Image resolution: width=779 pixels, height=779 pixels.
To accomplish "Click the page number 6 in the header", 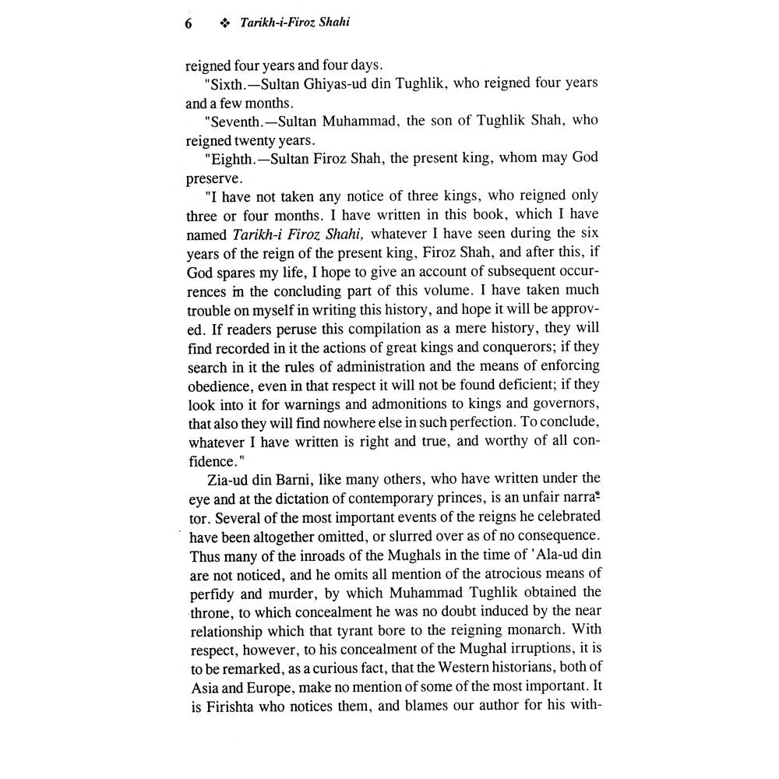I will (188, 23).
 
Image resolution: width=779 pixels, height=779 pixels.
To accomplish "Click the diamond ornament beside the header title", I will (226, 23).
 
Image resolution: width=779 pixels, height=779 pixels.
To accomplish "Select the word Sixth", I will (227, 84).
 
